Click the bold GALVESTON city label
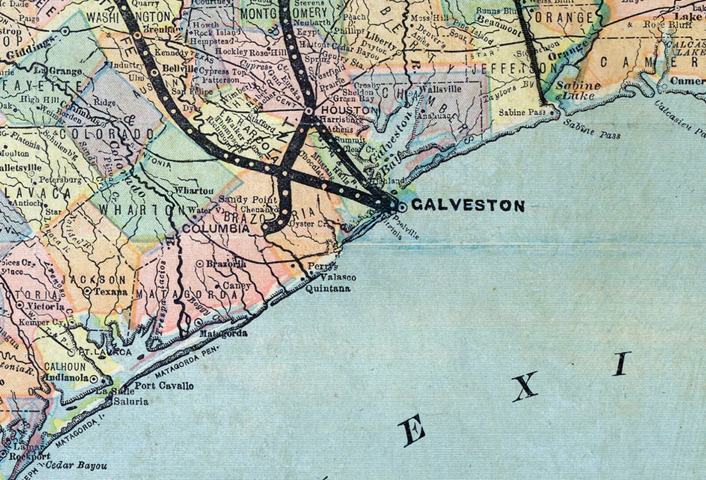468,205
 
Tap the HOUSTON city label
349,110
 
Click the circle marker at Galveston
402,207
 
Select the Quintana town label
328,289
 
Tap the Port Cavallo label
164,385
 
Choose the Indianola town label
67,378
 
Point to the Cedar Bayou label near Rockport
76,466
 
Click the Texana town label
111,292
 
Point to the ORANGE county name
564,18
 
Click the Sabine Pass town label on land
522,112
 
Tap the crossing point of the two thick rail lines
285,172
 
